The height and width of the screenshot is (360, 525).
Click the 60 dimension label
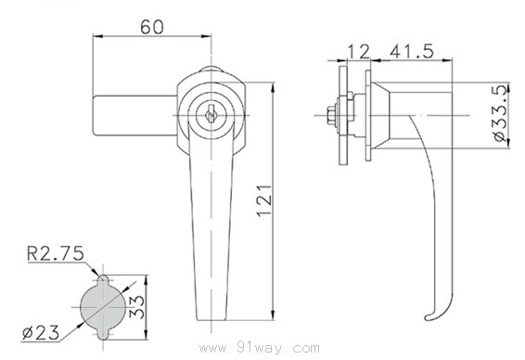pos(152,27)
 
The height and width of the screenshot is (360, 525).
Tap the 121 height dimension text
pos(264,200)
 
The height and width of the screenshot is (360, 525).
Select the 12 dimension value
pos(359,52)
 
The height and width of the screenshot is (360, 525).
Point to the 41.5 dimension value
pos(412,51)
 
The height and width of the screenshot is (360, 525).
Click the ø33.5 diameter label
pos(501,113)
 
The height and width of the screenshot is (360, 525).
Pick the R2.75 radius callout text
pos(56,253)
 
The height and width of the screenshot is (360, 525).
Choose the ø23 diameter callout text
pos(41,332)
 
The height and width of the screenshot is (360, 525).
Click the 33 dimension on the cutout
pos(137,307)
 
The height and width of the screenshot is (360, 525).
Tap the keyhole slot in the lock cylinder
pos(211,114)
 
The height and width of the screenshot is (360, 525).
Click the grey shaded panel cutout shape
pos(104,307)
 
